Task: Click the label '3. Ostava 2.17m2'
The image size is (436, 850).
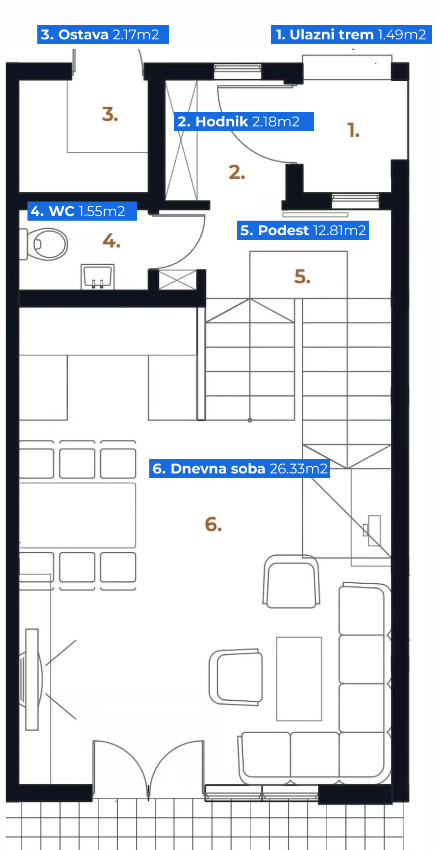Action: click(103, 35)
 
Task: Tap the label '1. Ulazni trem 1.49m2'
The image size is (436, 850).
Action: click(351, 35)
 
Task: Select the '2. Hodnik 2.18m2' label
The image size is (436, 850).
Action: click(244, 121)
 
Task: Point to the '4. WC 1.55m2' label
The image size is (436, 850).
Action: click(82, 211)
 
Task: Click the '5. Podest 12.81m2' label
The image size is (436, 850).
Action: click(303, 230)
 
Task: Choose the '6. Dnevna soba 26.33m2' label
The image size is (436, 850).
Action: click(240, 469)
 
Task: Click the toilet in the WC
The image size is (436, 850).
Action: click(44, 244)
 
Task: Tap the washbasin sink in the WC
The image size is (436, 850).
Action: click(97, 276)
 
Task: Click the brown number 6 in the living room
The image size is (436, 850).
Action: click(213, 524)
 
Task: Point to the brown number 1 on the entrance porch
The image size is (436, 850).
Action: click(353, 130)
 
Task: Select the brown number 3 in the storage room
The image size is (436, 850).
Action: click(110, 114)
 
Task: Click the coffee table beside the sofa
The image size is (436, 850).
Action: click(299, 679)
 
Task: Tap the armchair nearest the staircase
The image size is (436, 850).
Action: click(291, 582)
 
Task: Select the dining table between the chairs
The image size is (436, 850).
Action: click(77, 515)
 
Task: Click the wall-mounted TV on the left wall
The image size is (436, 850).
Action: click(32, 679)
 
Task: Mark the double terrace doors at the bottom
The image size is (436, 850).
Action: click(148, 768)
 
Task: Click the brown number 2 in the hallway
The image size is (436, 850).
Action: click(236, 172)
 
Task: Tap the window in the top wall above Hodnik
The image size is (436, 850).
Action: click(238, 71)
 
